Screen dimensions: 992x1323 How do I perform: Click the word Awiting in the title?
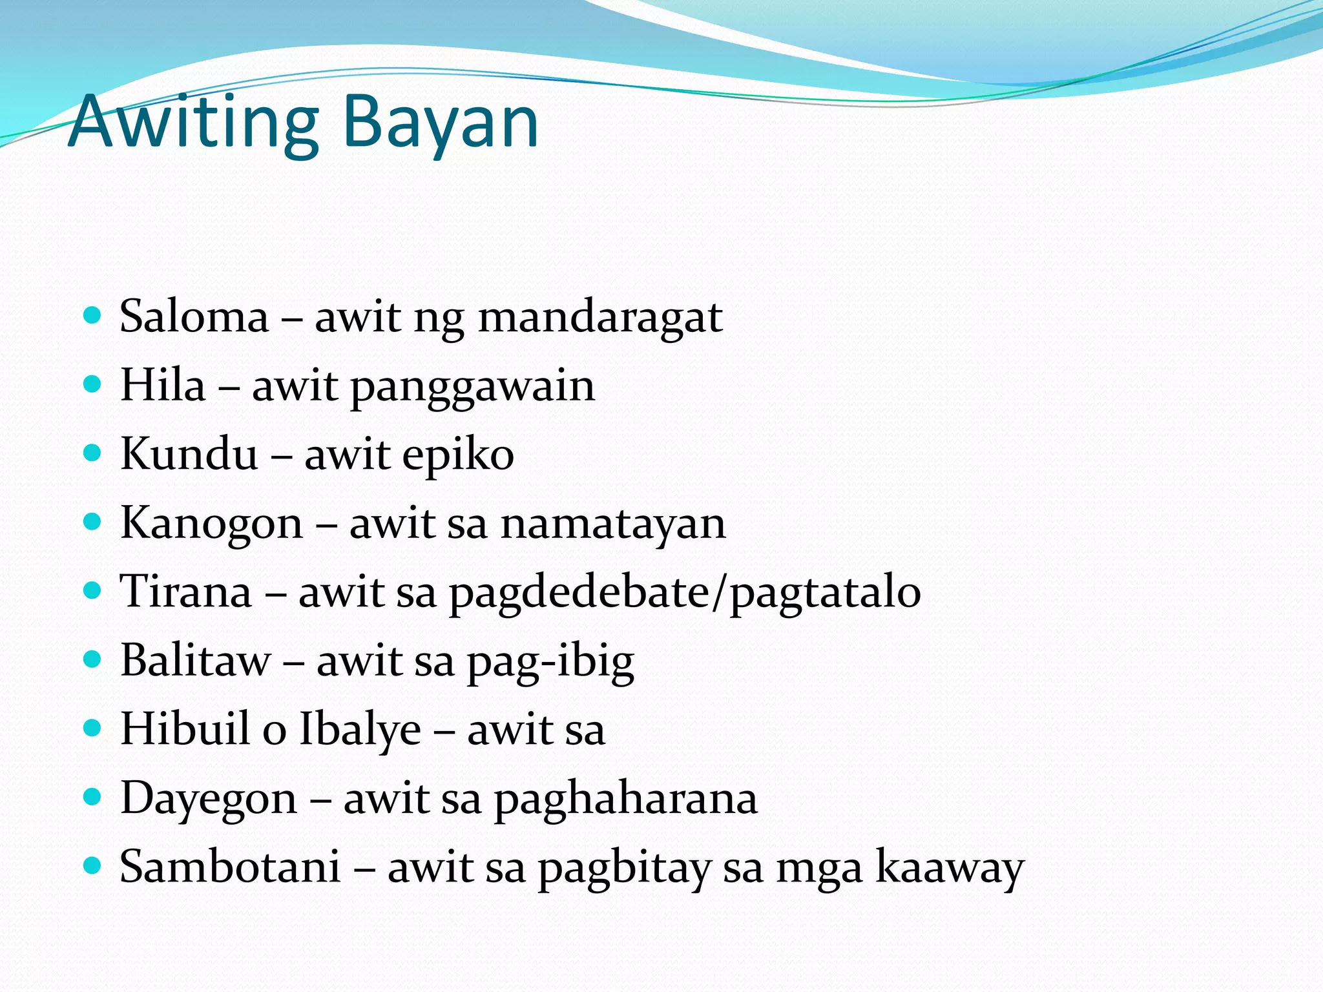[x=194, y=123]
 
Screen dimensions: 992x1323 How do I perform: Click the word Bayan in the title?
[x=440, y=123]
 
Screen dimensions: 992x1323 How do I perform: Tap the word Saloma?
[x=194, y=317]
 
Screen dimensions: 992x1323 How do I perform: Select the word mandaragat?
[x=600, y=317]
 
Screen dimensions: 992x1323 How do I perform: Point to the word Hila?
[x=163, y=386]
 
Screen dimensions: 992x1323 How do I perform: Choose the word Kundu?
[x=189, y=454]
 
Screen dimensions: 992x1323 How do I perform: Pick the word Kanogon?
[x=211, y=524]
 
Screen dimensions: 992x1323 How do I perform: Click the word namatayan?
[x=613, y=524]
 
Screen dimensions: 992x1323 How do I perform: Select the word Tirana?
[x=186, y=592]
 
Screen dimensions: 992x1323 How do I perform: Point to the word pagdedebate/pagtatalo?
[x=685, y=593]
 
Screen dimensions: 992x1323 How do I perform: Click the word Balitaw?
[x=196, y=661]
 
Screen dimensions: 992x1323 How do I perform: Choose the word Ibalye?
[x=360, y=730]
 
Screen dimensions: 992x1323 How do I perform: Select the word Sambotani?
[x=230, y=867]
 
